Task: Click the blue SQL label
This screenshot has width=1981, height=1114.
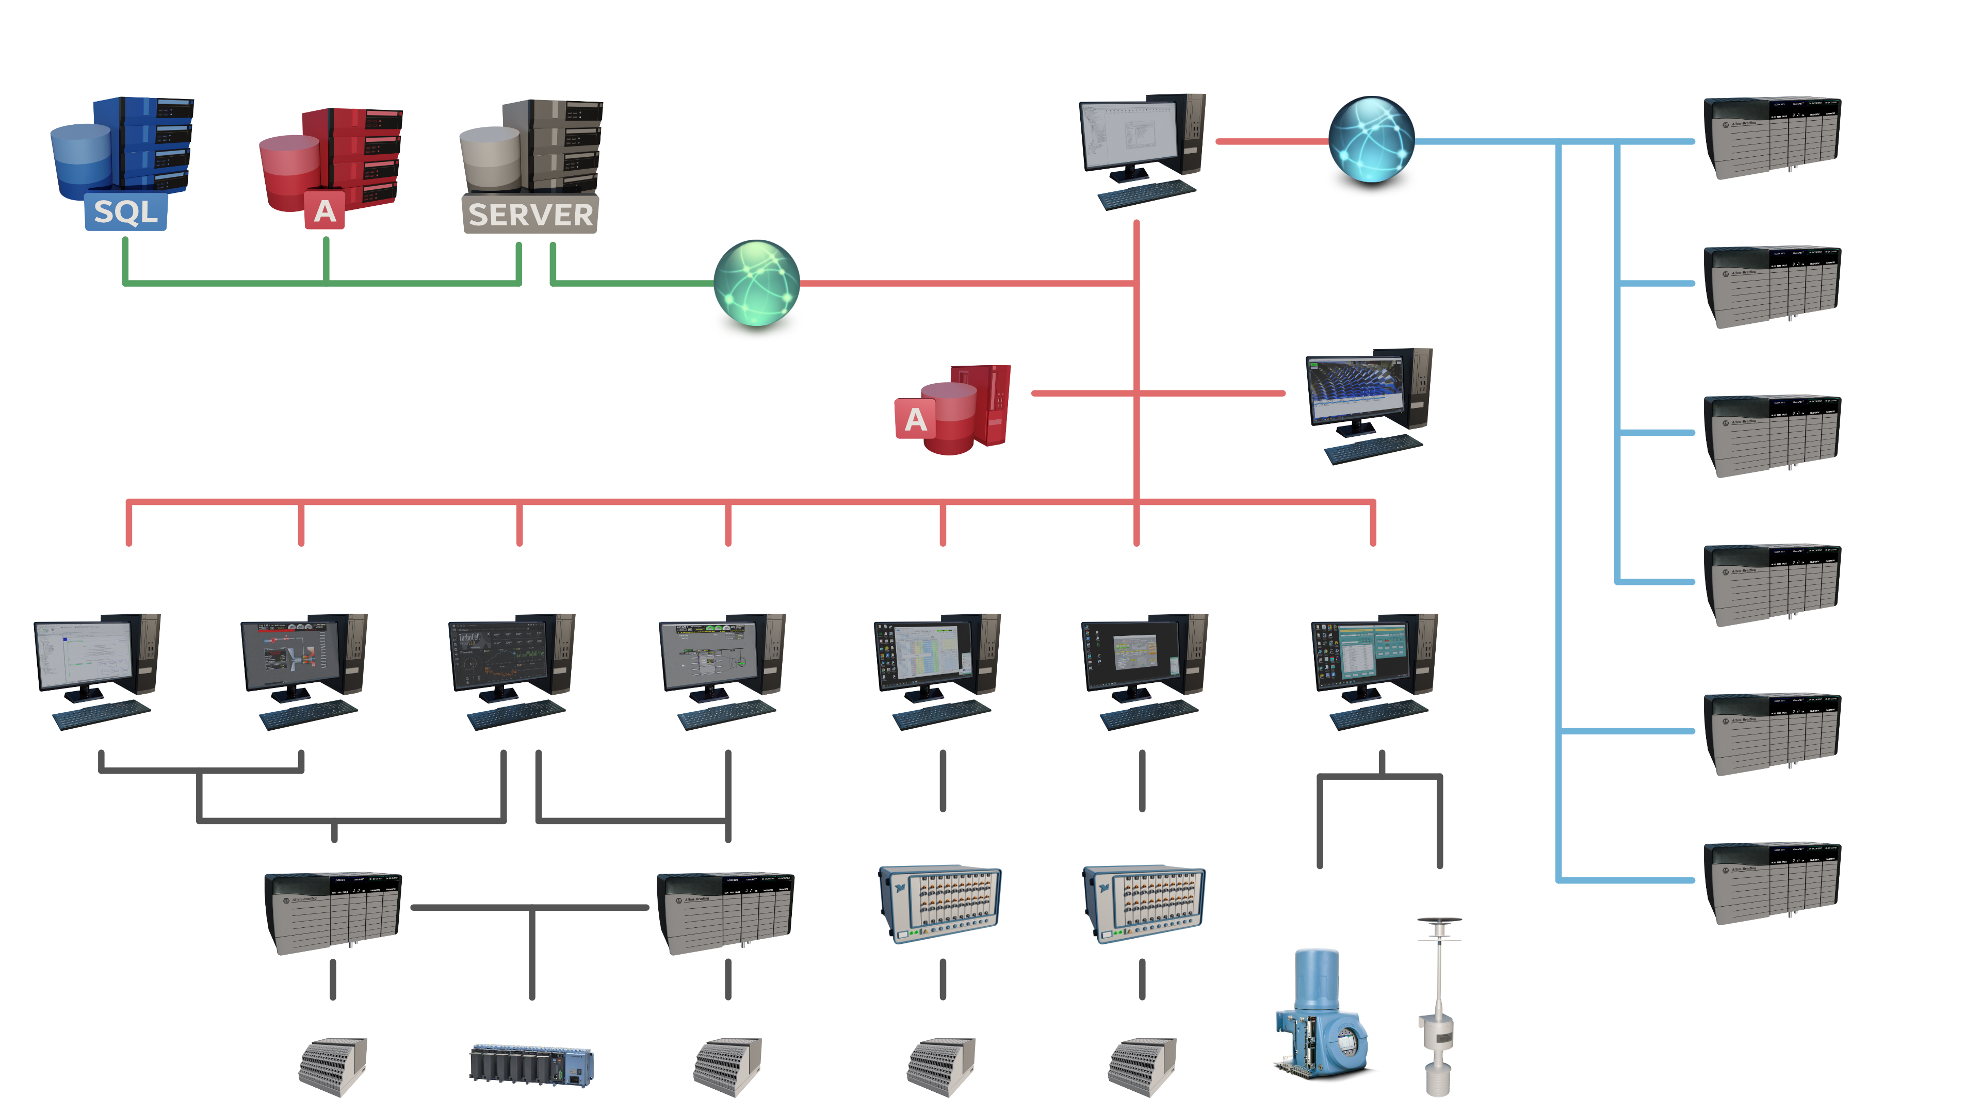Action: (x=125, y=211)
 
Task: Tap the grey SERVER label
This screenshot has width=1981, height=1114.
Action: (x=530, y=215)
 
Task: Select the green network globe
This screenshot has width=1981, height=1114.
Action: (x=756, y=283)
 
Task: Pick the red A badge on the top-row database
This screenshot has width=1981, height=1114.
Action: (x=324, y=210)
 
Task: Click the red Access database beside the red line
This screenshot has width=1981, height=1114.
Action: (x=953, y=412)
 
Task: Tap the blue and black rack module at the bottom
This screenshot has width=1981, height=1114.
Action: (x=531, y=1065)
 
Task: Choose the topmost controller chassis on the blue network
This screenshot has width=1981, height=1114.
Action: (x=1771, y=138)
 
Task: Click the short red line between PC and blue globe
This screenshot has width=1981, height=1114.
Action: (x=1272, y=141)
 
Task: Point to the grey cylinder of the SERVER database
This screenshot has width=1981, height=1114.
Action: (x=490, y=158)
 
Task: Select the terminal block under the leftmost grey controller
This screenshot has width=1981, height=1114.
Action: (x=332, y=1066)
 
